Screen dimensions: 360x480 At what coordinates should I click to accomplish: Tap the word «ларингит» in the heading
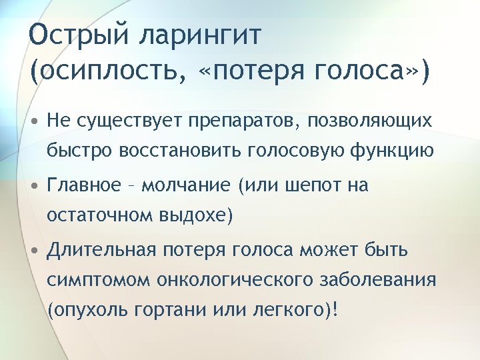(x=199, y=34)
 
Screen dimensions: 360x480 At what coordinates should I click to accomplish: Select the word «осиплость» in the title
(x=107, y=70)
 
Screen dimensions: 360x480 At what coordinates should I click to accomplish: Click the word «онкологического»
(x=223, y=280)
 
